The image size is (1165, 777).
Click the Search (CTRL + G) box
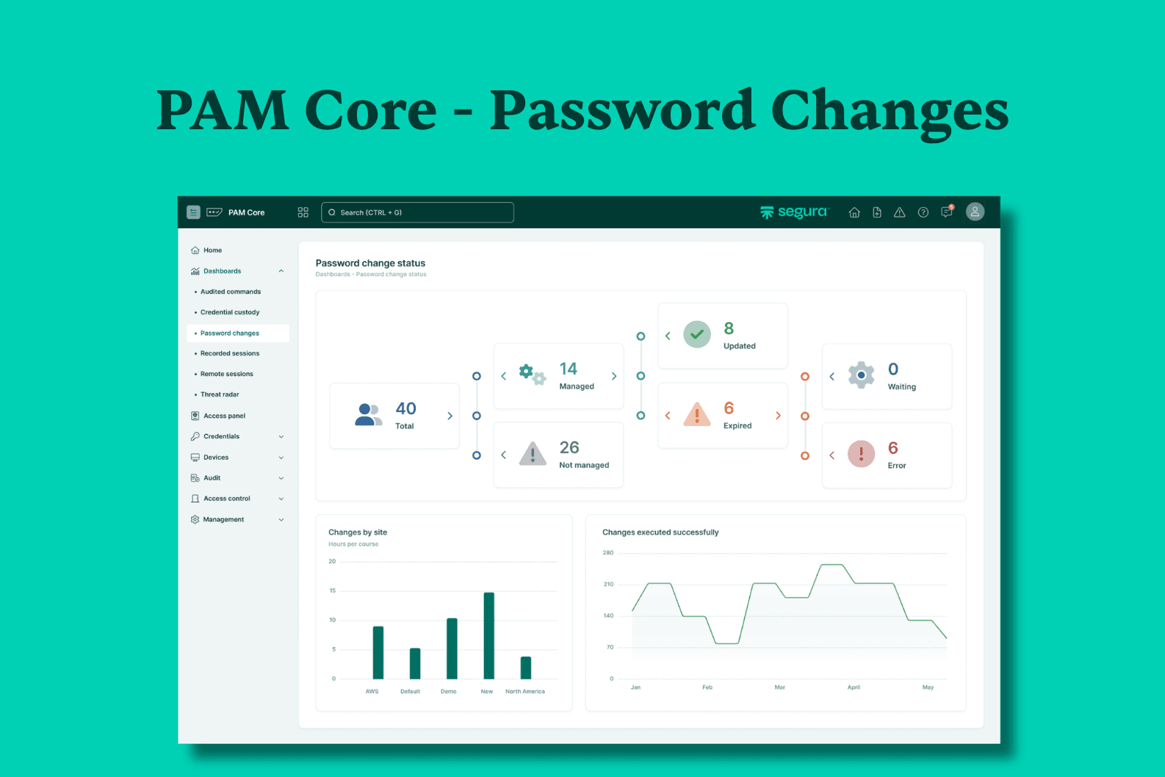(417, 212)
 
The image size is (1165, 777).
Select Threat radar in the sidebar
(220, 394)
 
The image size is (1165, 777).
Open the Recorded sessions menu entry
(229, 353)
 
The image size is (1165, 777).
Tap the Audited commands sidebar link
(231, 292)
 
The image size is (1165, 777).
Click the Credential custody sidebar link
(230, 312)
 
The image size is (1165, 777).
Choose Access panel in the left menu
(224, 416)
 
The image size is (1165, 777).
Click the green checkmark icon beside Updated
(697, 334)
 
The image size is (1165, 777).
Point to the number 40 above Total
(405, 408)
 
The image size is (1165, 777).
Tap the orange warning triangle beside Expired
(697, 414)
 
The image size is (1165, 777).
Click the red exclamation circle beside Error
(862, 454)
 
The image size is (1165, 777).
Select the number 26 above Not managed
(569, 447)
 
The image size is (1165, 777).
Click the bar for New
(489, 635)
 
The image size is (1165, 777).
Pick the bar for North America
(526, 668)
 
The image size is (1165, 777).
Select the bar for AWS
(378, 653)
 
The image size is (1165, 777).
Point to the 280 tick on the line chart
(608, 552)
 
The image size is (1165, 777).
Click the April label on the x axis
(854, 687)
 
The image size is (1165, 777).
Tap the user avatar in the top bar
(975, 212)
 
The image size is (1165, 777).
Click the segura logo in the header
(794, 212)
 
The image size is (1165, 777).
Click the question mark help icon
(923, 212)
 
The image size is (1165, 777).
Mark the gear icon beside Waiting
(862, 375)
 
